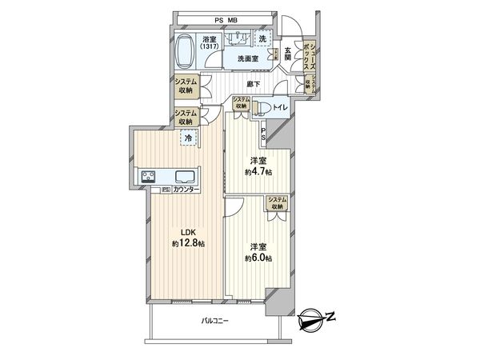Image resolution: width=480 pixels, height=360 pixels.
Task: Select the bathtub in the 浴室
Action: [183, 53]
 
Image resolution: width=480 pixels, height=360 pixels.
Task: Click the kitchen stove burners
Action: [150, 178]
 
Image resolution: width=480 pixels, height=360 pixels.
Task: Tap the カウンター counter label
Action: [187, 190]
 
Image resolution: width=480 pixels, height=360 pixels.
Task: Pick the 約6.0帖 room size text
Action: [259, 258]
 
